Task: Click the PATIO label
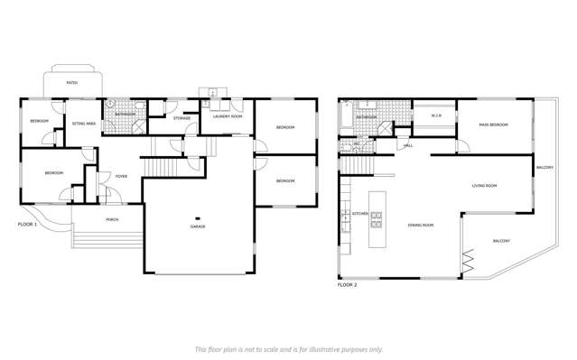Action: tap(71, 83)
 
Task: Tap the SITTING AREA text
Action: tap(84, 123)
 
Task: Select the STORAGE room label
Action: tap(181, 117)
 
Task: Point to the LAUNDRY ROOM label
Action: tap(227, 116)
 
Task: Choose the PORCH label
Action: tap(112, 219)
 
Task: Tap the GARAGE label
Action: tap(198, 226)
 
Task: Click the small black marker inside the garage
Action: tap(198, 217)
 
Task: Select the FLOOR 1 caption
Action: tap(28, 224)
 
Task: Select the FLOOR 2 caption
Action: tap(348, 284)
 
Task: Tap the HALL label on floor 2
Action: tap(408, 145)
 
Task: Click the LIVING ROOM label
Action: tap(484, 186)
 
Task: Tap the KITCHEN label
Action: tap(360, 214)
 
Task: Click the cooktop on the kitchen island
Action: tap(377, 219)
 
